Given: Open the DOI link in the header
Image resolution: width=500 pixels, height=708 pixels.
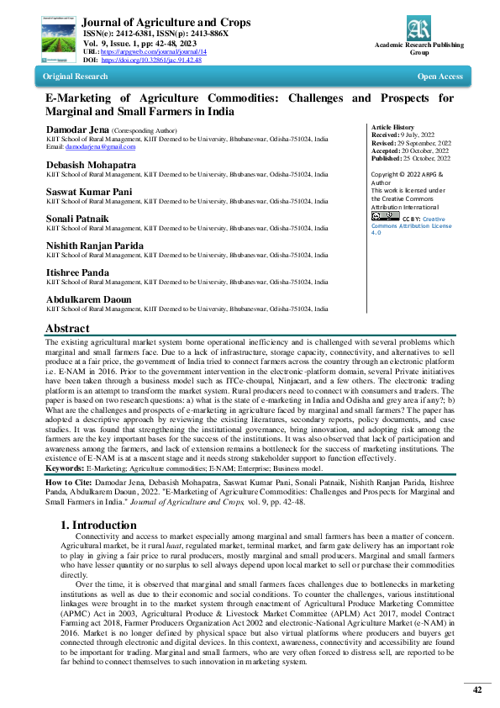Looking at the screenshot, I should coord(151,61).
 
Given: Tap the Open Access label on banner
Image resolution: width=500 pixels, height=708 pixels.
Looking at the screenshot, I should coord(439,77).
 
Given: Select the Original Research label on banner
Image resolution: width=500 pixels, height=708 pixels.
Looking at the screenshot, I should coord(76,77).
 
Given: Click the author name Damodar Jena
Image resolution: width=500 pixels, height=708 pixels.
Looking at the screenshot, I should coord(76,130).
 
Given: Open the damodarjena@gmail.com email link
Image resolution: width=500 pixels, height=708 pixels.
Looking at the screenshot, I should coord(90,146).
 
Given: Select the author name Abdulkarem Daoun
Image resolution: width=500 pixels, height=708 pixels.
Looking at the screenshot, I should coord(87,299).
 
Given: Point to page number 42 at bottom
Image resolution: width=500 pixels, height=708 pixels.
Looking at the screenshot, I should coord(477,690).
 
